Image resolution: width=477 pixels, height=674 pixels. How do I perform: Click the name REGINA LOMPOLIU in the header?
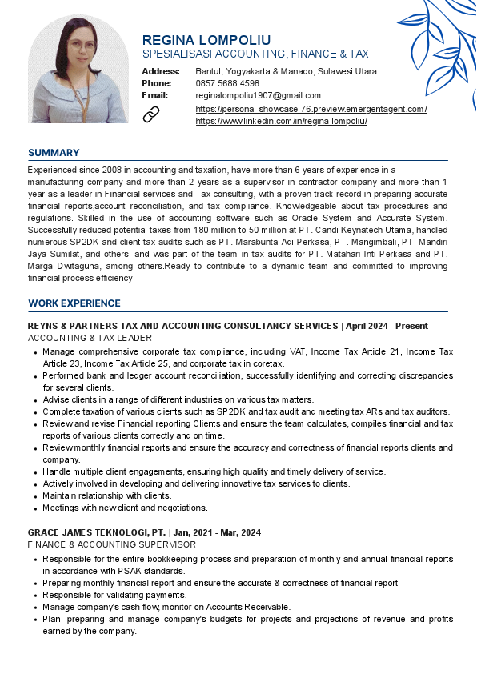click(206, 40)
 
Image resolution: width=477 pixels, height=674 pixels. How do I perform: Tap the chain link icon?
click(151, 114)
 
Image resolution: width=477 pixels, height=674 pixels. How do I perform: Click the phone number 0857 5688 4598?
click(227, 83)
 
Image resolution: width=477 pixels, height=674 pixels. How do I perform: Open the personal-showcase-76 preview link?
click(311, 109)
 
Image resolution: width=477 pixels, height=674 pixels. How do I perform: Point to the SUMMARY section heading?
click(54, 153)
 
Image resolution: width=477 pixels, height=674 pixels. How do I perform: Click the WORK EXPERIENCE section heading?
click(74, 303)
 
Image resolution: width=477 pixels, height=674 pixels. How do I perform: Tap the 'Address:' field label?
click(161, 71)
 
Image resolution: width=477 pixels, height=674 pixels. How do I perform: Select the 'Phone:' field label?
click(157, 83)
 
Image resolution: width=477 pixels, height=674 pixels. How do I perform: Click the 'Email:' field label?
click(154, 95)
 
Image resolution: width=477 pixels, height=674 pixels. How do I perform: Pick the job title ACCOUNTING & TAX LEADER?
click(90, 339)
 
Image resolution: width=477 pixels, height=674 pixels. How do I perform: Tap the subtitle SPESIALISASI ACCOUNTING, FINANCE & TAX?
click(255, 54)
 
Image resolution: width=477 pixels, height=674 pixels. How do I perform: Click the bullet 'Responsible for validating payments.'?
click(114, 596)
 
